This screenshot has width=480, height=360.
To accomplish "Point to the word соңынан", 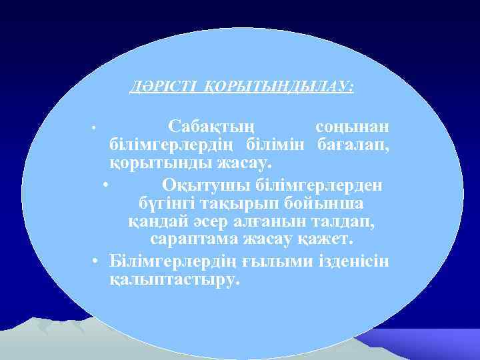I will point(353,127).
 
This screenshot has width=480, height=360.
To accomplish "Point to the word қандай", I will point(155,219).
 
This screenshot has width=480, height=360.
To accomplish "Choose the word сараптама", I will point(191,238).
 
